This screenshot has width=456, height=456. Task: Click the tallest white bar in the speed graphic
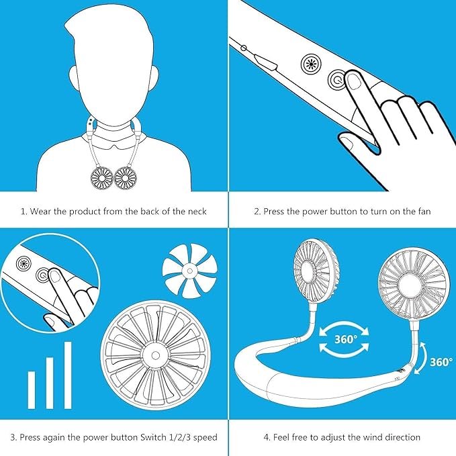pyautogui.click(x=68, y=375)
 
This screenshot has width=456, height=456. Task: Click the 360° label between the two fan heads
pyautogui.click(x=346, y=339)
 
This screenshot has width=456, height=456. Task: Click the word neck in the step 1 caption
pyautogui.click(x=194, y=212)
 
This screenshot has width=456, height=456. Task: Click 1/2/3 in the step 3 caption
pyautogui.click(x=173, y=437)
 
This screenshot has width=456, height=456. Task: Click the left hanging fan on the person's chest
pyautogui.click(x=101, y=177)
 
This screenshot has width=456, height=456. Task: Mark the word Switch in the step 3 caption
pyautogui.click(x=144, y=437)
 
